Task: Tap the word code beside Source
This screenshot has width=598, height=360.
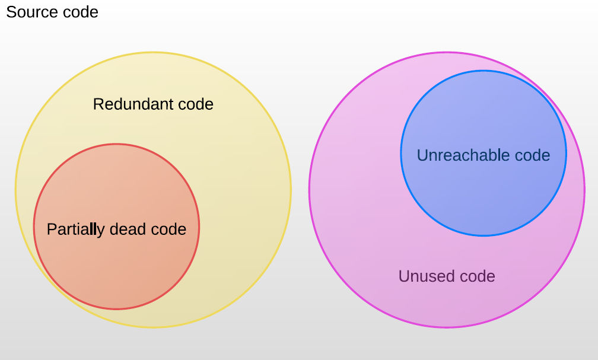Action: click(x=81, y=12)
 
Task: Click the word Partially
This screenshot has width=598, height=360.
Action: click(x=75, y=230)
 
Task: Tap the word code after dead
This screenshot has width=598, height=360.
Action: click(x=168, y=229)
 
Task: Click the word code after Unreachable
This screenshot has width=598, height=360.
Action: click(x=532, y=155)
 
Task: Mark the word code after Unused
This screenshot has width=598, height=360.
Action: click(x=477, y=276)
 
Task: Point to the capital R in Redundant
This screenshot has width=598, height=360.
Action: click(x=98, y=104)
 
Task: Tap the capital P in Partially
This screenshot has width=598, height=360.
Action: click(x=52, y=229)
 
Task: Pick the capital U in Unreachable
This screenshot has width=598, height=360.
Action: click(x=422, y=155)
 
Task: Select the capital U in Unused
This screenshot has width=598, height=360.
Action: click(x=404, y=276)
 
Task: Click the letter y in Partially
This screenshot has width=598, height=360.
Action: click(x=101, y=231)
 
